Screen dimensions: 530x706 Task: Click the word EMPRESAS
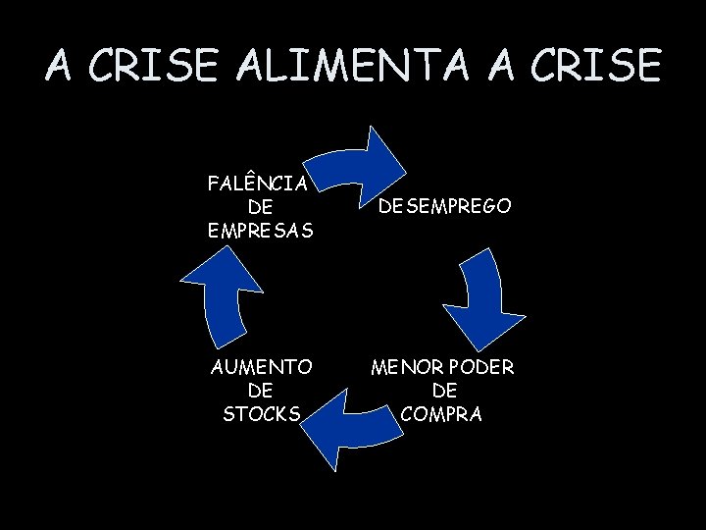pos(261,232)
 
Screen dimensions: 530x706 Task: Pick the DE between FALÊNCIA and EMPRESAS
pos(261,207)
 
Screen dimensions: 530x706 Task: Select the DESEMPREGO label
pos(444,207)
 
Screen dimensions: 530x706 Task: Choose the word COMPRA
pos(441,414)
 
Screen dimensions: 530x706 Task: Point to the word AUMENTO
pos(262,367)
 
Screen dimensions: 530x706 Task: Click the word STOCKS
pos(262,414)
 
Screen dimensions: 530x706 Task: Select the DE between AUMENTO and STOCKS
pos(262,391)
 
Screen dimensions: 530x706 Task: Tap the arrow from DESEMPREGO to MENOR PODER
pos(480,299)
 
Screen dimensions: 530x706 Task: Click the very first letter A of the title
pos(58,66)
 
